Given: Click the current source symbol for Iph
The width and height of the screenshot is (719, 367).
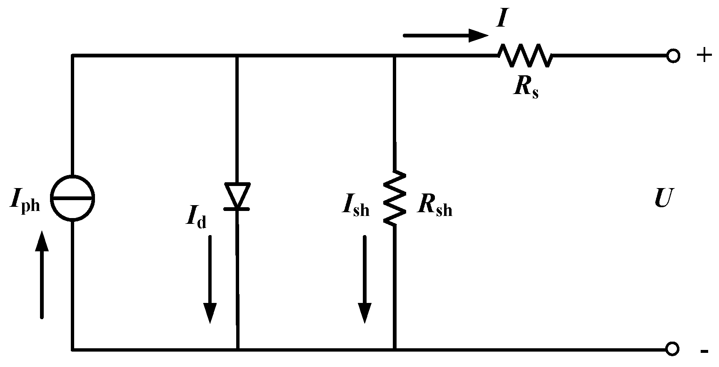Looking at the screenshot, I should tap(73, 198).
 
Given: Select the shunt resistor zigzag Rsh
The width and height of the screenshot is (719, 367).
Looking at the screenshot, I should tap(394, 198).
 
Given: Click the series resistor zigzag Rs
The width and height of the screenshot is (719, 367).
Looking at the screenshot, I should tap(526, 55).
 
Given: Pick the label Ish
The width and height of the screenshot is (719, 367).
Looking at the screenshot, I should tap(355, 206).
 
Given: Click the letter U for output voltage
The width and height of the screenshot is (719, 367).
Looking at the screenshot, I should tap(662, 198).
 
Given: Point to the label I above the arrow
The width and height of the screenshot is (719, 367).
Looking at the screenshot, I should tap(502, 19).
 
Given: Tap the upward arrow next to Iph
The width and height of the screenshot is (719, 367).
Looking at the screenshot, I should tap(42, 275).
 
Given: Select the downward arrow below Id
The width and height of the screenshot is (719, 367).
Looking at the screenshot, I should tap(210, 279).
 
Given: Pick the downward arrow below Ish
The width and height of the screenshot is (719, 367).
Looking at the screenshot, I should tap(365, 279).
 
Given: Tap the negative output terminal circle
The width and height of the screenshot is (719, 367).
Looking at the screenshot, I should tap(672, 349).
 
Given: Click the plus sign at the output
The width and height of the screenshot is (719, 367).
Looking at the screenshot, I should tap(704, 55).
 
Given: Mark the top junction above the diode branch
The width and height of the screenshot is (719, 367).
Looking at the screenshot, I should tap(237, 55).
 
